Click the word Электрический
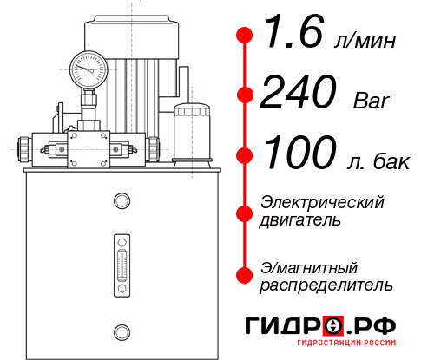[x=322, y=202]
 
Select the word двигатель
[x=300, y=219]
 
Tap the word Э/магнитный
[x=309, y=266]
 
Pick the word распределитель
[x=326, y=284]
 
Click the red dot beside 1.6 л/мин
[x=245, y=36]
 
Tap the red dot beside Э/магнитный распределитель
[x=245, y=275]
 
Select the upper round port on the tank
[x=121, y=201]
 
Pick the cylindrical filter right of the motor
[x=192, y=132]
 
